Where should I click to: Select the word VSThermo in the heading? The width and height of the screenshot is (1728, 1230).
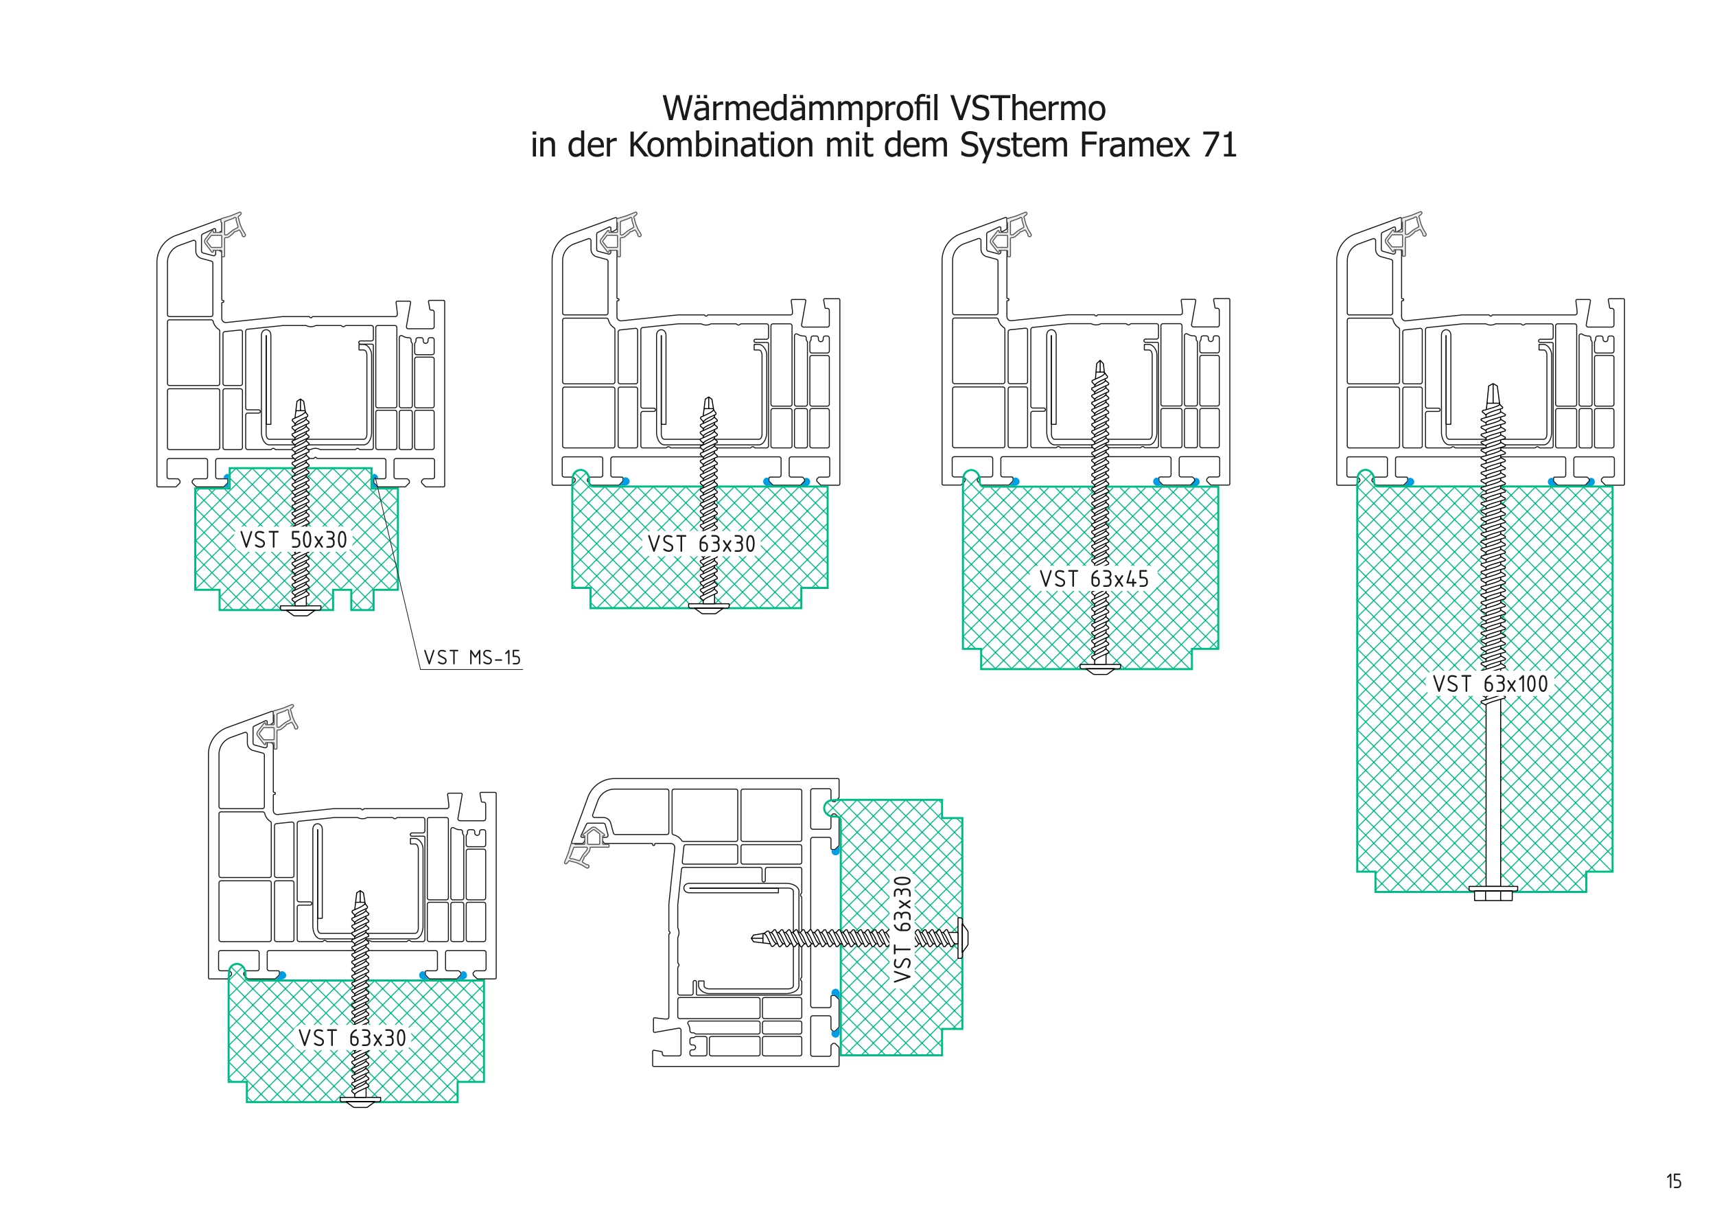click(x=1027, y=108)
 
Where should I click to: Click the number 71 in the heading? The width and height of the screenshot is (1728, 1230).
click(x=1219, y=145)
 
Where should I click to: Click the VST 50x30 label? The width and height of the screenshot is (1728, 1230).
click(x=294, y=540)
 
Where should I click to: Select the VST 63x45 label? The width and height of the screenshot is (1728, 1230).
click(x=1093, y=579)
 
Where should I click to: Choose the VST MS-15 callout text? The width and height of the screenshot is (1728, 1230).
click(x=471, y=658)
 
